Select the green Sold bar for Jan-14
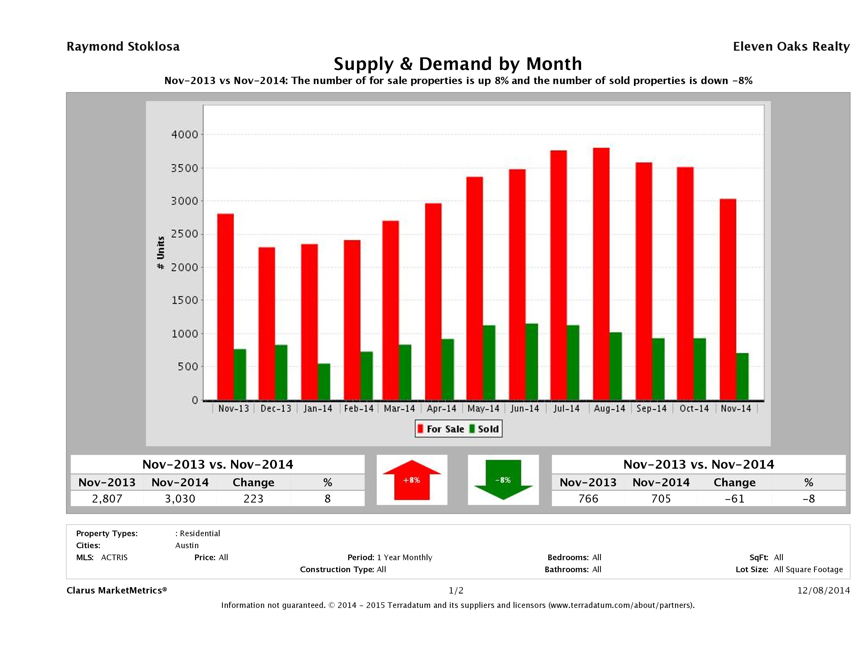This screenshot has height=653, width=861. pos(324,382)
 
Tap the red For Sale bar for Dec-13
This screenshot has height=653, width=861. pos(267,323)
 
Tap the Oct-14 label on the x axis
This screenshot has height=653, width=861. pos(694,409)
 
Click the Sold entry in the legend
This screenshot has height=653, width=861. pos(484,429)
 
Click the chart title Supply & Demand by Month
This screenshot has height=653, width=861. pos(458,64)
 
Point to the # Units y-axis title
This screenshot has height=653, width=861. pos(160,253)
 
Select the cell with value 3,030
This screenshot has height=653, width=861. pos(180,499)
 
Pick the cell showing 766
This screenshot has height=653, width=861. pos(588,499)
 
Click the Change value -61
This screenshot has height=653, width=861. pos(735,499)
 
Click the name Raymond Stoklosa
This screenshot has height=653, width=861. pos(123,47)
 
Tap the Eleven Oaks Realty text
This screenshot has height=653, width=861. pos(791,47)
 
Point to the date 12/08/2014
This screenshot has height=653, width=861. pos(823,590)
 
